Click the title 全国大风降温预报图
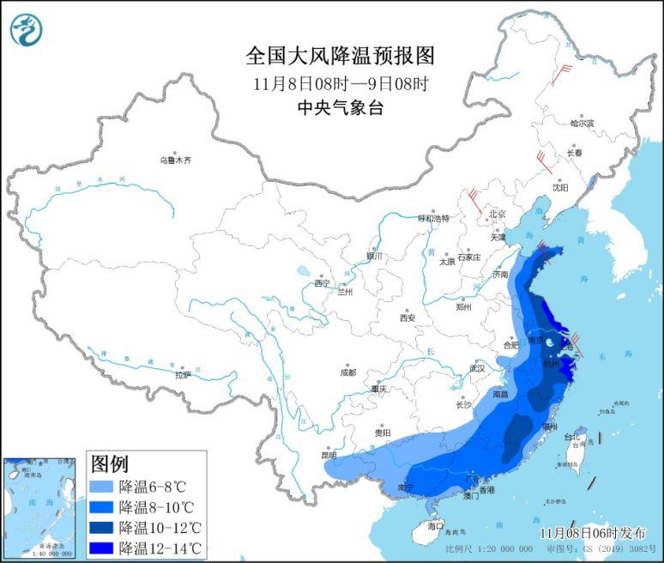click(x=341, y=57)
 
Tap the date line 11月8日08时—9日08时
click(x=341, y=84)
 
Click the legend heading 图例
click(x=110, y=464)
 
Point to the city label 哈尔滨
click(x=582, y=124)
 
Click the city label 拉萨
click(x=183, y=375)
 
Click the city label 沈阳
click(x=560, y=186)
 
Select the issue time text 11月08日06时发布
click(x=590, y=533)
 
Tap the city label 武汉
click(x=477, y=368)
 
